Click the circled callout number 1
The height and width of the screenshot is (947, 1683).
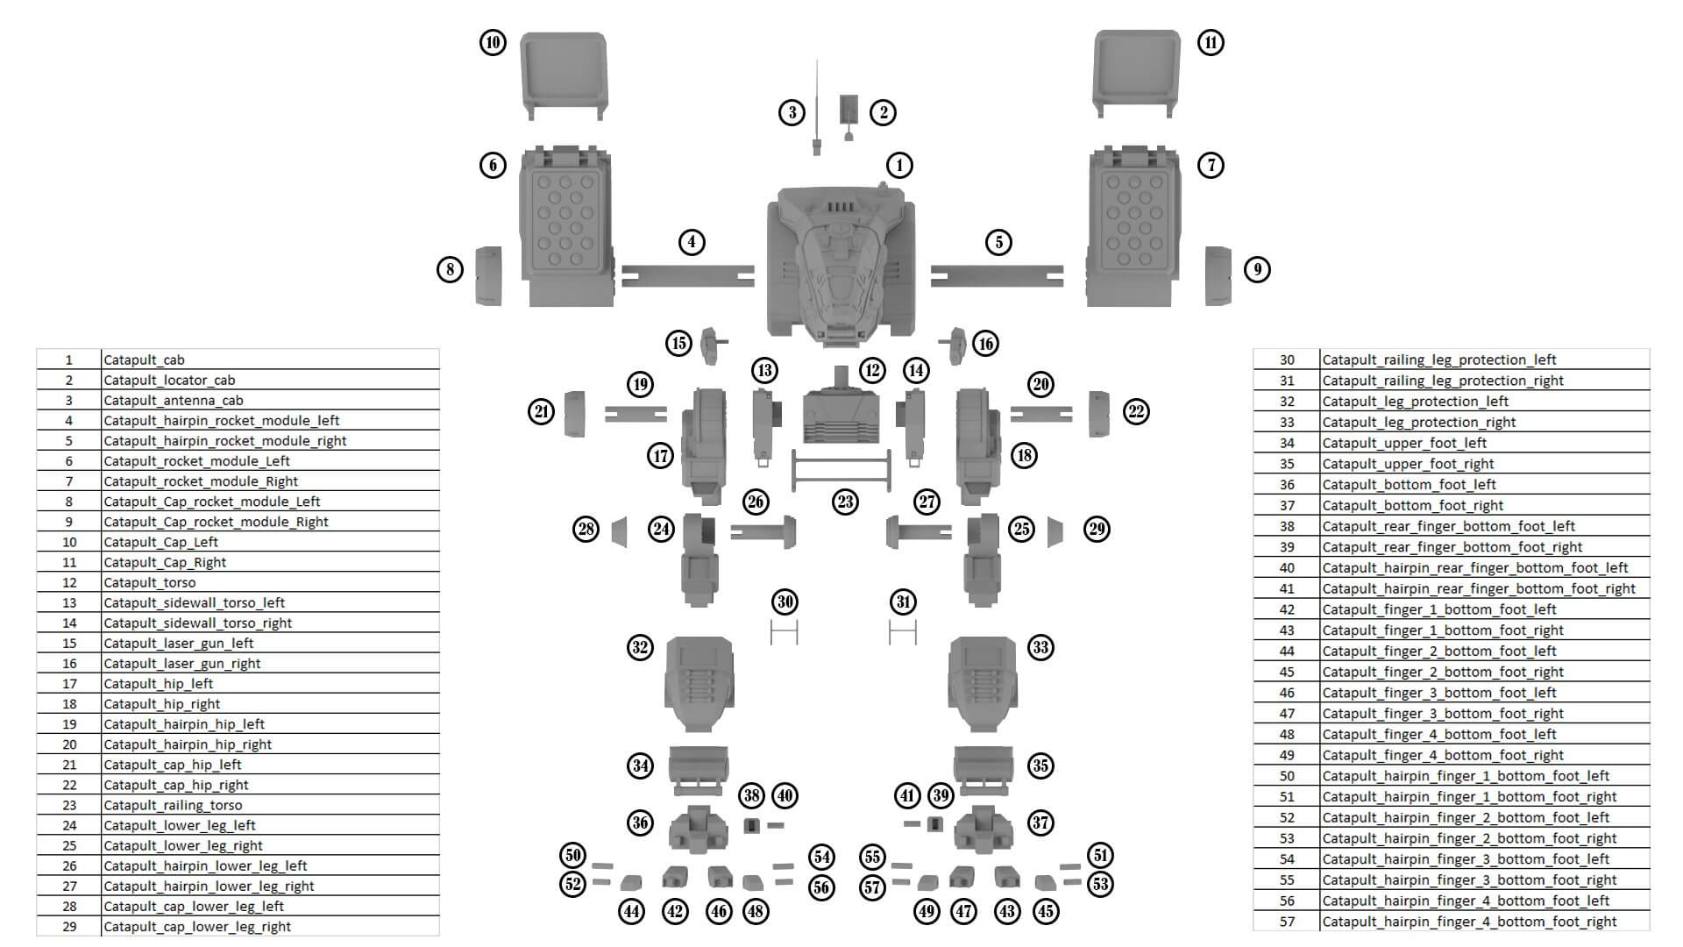(x=899, y=165)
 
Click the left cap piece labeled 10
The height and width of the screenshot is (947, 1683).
(x=563, y=72)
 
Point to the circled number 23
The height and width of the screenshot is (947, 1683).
(x=845, y=502)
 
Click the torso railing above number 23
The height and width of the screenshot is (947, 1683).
(x=841, y=472)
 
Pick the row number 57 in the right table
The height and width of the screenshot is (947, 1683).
(x=1287, y=922)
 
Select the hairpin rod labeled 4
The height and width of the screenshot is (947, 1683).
(x=688, y=275)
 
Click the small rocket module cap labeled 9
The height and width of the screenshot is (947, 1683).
(x=1218, y=275)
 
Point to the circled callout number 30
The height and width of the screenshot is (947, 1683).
(x=785, y=602)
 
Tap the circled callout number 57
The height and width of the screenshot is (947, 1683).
(x=872, y=886)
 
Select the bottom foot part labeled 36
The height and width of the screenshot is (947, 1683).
(x=699, y=829)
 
